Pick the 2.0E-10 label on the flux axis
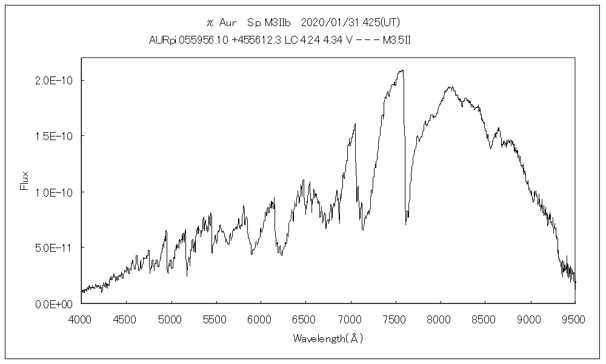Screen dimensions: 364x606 [56, 80]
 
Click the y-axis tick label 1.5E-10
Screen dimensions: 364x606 [56, 136]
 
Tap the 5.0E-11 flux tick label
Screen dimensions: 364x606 [56, 248]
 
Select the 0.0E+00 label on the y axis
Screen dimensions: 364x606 [56, 303]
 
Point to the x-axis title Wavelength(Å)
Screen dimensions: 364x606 [328, 339]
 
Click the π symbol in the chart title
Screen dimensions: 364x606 [210, 23]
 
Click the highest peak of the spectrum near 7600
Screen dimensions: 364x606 [401, 70]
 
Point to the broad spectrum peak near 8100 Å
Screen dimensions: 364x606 [450, 87]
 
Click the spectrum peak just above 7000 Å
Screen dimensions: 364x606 [355, 124]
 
